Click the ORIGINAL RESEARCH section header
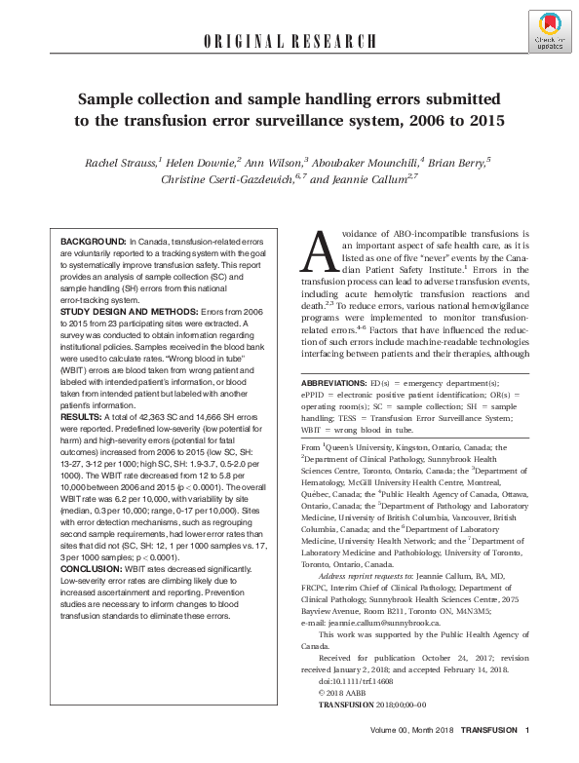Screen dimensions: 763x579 [x=289, y=41]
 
